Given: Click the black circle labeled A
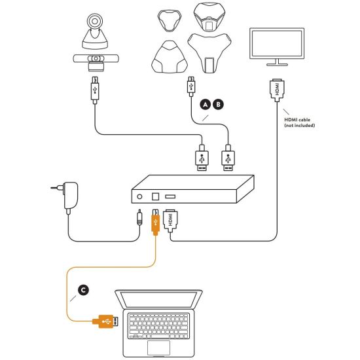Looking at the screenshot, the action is pyautogui.click(x=206, y=105).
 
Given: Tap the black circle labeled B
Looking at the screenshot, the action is pyautogui.click(x=218, y=105).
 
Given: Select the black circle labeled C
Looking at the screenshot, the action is pyautogui.click(x=83, y=290).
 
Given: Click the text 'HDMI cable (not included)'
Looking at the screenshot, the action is pyautogui.click(x=299, y=122).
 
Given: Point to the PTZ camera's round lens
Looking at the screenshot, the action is pyautogui.click(x=95, y=21).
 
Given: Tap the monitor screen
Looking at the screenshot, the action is pyautogui.click(x=277, y=44).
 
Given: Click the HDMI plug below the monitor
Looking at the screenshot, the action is pyautogui.click(x=277, y=90).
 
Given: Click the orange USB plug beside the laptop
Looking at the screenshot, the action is pyautogui.click(x=105, y=321).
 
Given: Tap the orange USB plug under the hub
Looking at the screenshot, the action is pyautogui.click(x=155, y=222).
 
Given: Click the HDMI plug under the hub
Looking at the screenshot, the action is pyautogui.click(x=170, y=221).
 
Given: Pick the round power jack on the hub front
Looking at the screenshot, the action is pyautogui.click(x=139, y=197).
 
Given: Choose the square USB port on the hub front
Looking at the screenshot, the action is pyautogui.click(x=155, y=196).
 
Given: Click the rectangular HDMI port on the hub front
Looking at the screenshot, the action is pyautogui.click(x=170, y=196).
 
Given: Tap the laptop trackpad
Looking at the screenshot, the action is pyautogui.click(x=158, y=348).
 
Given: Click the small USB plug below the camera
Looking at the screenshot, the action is pyautogui.click(x=95, y=90).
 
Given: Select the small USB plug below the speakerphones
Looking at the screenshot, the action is pyautogui.click(x=191, y=86).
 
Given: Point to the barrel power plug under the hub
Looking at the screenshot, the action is pyautogui.click(x=139, y=217).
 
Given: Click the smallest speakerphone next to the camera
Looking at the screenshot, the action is pyautogui.click(x=170, y=20).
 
